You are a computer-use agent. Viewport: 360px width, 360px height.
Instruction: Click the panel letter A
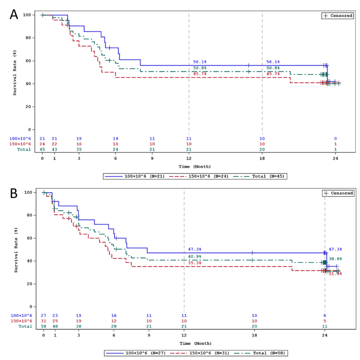[14, 14]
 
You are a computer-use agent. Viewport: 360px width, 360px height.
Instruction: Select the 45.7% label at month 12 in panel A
[200, 74]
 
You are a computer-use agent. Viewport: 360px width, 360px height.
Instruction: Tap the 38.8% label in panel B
[335, 259]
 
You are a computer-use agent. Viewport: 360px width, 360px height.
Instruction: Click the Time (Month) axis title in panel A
[189, 166]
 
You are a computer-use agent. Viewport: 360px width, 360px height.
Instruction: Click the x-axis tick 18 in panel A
[262, 159]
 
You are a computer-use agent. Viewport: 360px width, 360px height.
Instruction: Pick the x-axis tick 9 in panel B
[149, 336]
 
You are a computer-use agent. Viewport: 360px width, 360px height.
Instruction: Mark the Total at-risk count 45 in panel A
[42, 149]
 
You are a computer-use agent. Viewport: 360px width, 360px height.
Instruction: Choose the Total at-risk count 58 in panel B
[43, 326]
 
